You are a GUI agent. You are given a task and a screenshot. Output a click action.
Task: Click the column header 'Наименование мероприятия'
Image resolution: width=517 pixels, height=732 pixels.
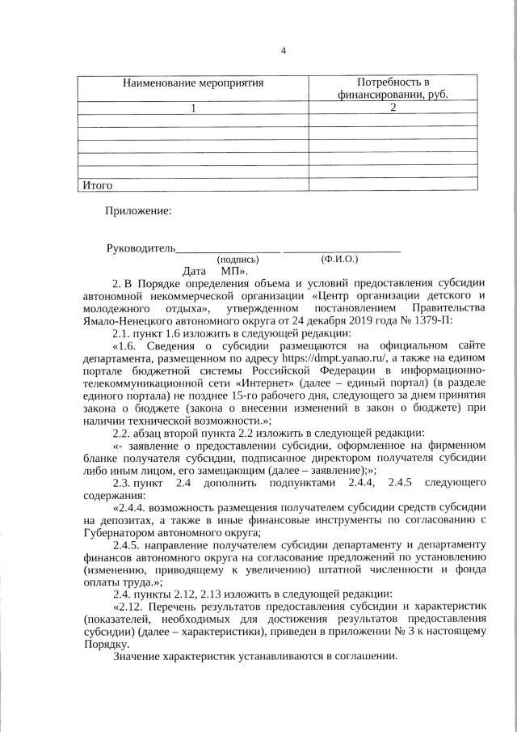(193, 83)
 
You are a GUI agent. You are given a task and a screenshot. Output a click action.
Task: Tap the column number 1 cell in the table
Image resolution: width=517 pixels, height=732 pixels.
(193, 107)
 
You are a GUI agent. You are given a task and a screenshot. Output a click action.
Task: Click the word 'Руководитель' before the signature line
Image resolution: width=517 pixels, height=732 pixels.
(141, 248)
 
